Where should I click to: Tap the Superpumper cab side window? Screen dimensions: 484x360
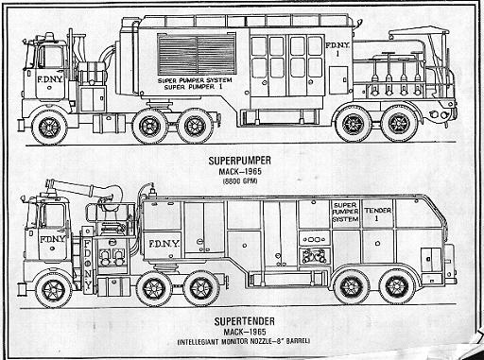pos(48,52)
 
